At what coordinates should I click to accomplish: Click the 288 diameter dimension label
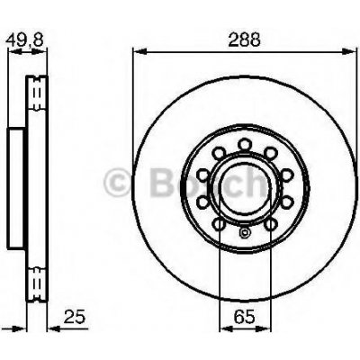(x=244, y=40)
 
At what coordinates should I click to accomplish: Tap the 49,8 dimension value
(x=25, y=40)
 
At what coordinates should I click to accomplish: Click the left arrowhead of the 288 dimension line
(x=139, y=51)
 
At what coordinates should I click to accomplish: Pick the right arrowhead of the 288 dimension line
(x=349, y=51)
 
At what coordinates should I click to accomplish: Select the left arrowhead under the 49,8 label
(x=15, y=52)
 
